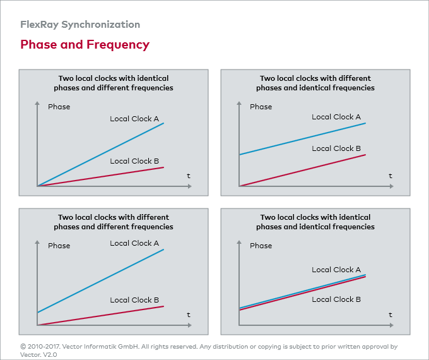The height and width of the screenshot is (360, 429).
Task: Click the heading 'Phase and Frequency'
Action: click(85, 45)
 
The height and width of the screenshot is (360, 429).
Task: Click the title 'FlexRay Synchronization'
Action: click(80, 25)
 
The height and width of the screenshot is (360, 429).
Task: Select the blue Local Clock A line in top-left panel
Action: click(101, 154)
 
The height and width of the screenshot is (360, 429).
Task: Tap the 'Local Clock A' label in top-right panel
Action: click(336, 117)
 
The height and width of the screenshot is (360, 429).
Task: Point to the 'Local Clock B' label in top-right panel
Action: click(336, 148)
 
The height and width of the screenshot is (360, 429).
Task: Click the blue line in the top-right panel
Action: click(303, 138)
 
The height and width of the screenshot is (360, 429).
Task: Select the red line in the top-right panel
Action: click(303, 170)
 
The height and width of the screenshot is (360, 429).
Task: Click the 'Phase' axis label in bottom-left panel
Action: click(59, 246)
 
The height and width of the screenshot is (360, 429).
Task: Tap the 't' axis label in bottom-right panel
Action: click(391, 315)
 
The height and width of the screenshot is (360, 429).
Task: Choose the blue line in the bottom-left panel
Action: click(101, 280)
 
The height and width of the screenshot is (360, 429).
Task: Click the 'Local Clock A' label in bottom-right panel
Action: click(336, 270)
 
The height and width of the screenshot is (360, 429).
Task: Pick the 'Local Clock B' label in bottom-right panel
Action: click(336, 299)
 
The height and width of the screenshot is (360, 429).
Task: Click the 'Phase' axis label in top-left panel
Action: click(59, 107)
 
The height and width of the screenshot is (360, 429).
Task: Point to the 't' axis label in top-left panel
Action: click(189, 176)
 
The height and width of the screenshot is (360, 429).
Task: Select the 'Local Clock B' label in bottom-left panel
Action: click(134, 300)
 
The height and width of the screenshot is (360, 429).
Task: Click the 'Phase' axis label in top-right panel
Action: click(261, 107)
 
